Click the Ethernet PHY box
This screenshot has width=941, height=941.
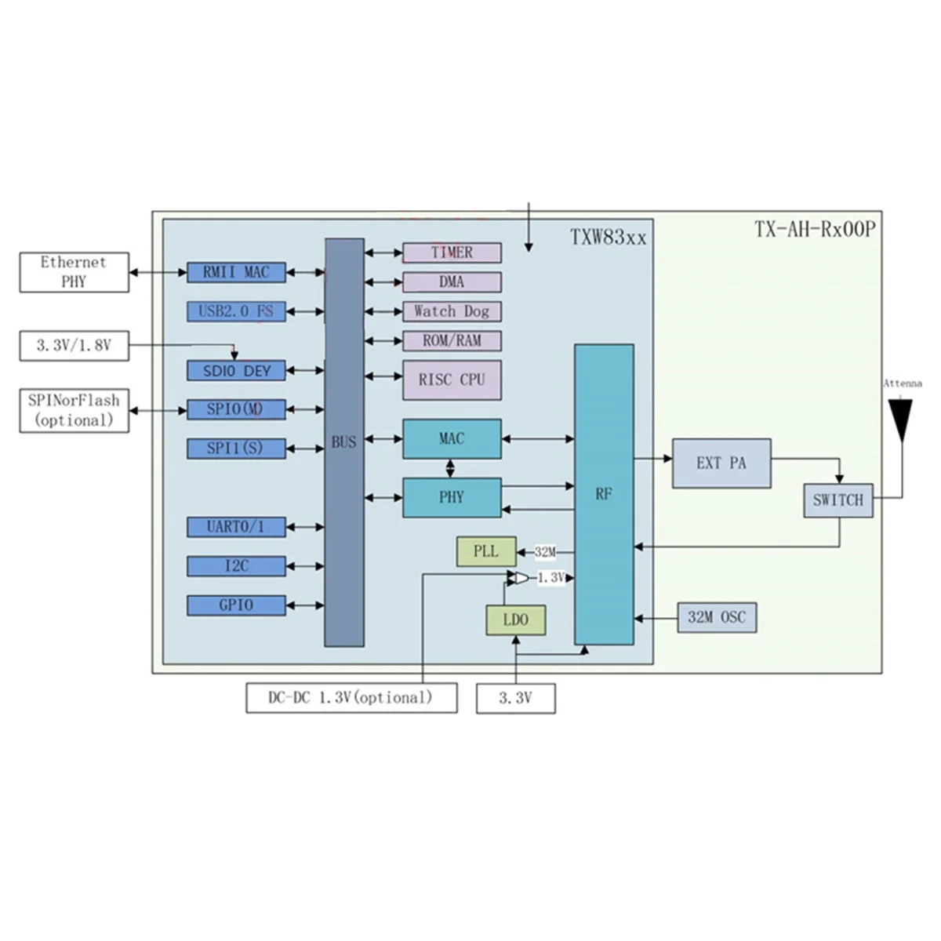click(74, 272)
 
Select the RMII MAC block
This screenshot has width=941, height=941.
click(236, 272)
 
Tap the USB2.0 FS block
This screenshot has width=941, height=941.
click(236, 311)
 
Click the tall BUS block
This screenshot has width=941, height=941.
click(344, 442)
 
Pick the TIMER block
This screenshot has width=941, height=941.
click(452, 253)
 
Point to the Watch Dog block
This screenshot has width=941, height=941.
click(452, 311)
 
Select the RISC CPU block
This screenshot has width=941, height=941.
click(452, 380)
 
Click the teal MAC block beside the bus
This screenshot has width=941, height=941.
click(452, 439)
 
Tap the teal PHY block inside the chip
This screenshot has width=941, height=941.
click(452, 497)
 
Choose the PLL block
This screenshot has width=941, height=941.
click(486, 551)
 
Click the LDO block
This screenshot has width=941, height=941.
click(515, 620)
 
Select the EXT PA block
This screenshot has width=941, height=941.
click(721, 463)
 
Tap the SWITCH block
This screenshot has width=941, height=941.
click(837, 500)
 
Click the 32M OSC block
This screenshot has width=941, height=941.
click(717, 618)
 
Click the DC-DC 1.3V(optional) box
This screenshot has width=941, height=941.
click(351, 697)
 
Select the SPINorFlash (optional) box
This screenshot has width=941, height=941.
click(74, 410)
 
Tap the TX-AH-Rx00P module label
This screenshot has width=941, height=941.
click(814, 230)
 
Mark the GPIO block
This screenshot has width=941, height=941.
click(236, 605)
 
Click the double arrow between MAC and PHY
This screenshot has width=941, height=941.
click(450, 468)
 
